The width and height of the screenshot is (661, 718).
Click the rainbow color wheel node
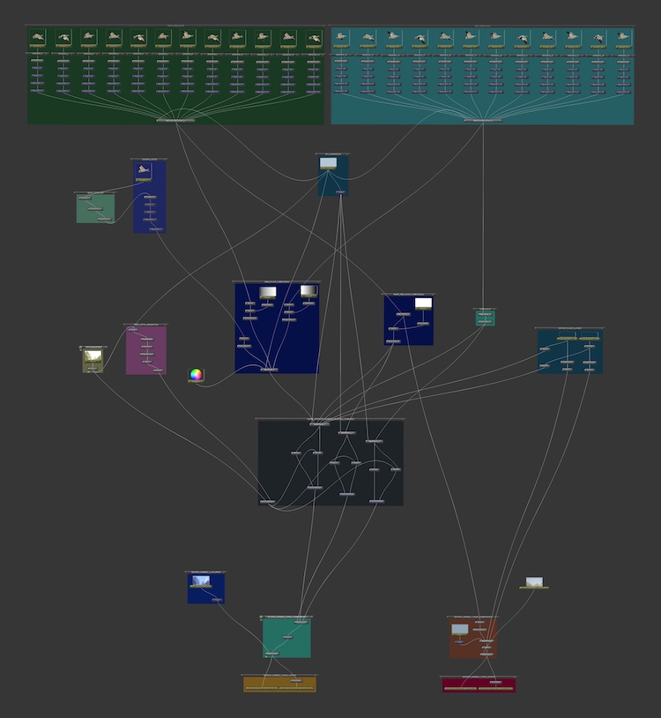[x=196, y=375]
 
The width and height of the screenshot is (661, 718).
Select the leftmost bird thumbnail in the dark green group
[x=37, y=37]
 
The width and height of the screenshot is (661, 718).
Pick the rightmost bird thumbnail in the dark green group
[x=314, y=38]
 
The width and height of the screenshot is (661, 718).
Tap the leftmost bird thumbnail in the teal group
[x=341, y=37]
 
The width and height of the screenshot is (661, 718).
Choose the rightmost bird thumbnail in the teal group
[x=624, y=37]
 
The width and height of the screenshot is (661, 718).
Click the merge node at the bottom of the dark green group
[x=175, y=119]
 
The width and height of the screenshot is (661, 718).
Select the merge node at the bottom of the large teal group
[x=482, y=119]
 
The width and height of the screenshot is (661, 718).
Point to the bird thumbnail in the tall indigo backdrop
[x=149, y=171]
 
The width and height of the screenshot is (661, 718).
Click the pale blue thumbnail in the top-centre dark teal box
[x=328, y=163]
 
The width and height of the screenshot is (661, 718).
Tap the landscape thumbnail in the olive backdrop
[x=93, y=356]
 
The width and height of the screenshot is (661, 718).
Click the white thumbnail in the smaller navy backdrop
[x=423, y=303]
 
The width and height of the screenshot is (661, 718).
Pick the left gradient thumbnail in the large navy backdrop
[x=268, y=291]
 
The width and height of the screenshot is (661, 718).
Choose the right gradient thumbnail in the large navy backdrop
[x=308, y=290]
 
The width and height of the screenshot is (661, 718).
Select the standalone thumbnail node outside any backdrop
[x=534, y=582]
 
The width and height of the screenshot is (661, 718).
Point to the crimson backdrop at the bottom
[x=479, y=686]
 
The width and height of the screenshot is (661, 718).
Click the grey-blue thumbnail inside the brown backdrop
[x=459, y=629]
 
